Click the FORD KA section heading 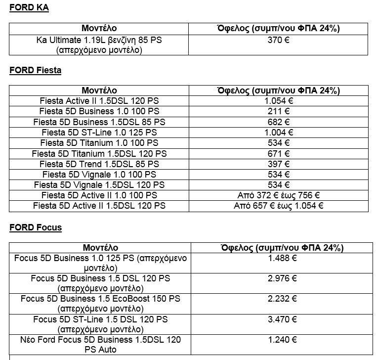(x=29, y=8)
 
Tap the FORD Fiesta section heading (x=35, y=70)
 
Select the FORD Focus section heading (x=36, y=227)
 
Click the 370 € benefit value (x=278, y=40)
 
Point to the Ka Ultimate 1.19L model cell (x=99, y=45)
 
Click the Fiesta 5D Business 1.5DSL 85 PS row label (x=99, y=122)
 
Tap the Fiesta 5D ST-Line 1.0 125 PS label (x=99, y=132)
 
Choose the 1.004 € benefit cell (x=278, y=132)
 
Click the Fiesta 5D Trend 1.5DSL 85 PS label (x=99, y=164)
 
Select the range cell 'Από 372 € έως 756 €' (x=278, y=195)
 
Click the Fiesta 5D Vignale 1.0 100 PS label (x=99, y=174)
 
